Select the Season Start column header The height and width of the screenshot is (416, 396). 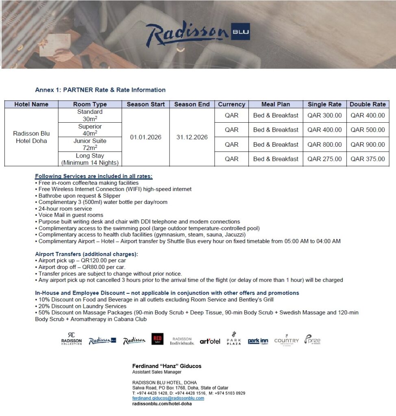click(146, 104)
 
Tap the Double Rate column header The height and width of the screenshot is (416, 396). click(368, 104)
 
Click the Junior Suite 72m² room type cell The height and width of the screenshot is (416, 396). click(90, 144)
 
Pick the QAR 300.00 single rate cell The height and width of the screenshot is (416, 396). click(324, 115)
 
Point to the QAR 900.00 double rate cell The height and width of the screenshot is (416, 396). click(368, 145)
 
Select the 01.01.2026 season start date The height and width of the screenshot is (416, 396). click(146, 137)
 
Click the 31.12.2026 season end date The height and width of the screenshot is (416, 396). click(192, 137)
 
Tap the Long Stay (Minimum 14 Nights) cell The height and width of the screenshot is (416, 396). click(90, 159)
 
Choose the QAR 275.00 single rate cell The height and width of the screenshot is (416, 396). click(324, 159)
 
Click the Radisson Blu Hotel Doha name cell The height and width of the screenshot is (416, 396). click(31, 137)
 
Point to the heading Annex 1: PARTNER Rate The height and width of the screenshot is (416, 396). click(100, 90)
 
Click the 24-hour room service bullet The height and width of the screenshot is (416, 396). click(65, 208)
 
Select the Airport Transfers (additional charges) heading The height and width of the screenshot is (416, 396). click(87, 254)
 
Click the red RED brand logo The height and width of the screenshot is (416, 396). click(157, 339)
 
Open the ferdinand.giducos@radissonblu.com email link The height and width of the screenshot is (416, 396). click(168, 399)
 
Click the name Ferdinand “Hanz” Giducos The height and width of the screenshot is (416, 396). click(167, 366)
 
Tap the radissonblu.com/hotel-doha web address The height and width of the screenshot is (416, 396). click(162, 404)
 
